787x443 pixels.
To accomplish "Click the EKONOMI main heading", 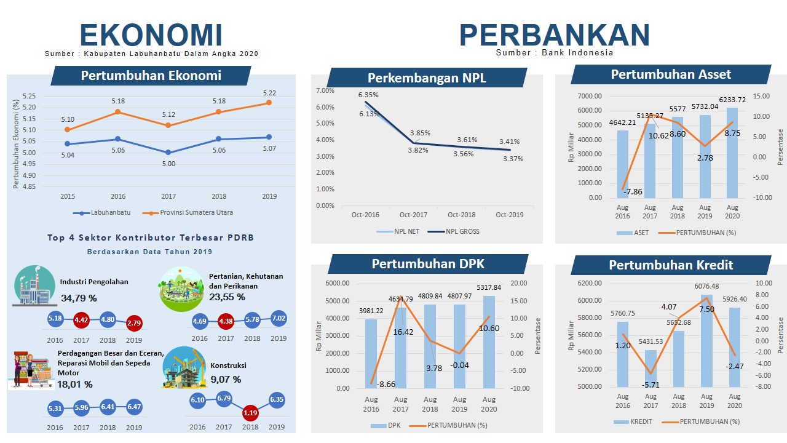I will [x=151, y=35].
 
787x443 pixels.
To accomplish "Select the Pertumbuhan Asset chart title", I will [x=671, y=74].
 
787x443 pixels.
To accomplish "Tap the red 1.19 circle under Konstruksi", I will [x=250, y=412].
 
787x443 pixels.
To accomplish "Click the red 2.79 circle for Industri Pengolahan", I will [x=134, y=323].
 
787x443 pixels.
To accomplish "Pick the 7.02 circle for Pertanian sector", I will [x=279, y=318].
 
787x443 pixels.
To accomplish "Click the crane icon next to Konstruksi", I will [x=184, y=368].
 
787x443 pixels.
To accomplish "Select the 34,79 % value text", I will [x=79, y=298].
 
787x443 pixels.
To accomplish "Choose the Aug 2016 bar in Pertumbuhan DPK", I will [x=371, y=353].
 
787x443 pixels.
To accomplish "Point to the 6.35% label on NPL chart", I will [x=369, y=95].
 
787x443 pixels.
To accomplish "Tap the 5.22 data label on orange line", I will [x=269, y=93].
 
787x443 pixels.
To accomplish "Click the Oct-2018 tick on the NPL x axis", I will [x=461, y=215].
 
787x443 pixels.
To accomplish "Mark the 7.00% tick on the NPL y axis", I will [x=325, y=90].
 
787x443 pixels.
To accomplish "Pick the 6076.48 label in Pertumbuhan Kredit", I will [x=706, y=286].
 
